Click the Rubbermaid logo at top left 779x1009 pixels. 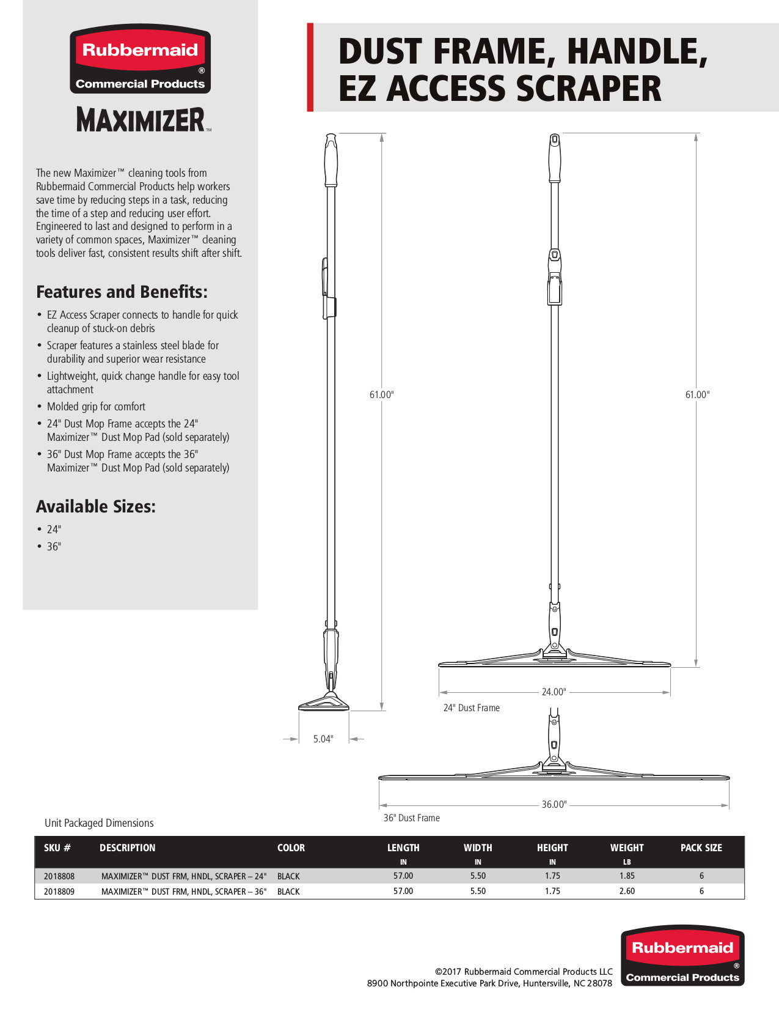140,60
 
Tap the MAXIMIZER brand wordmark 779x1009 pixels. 141,120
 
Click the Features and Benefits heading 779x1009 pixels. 122,292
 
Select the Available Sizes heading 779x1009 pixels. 96,507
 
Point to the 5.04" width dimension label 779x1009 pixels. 323,739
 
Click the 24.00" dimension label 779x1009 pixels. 554,692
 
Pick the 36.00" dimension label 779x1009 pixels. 554,804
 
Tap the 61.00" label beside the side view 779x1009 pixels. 381,394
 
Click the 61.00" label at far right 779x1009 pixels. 697,394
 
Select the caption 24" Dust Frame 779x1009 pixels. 471,708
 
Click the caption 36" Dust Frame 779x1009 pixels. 411,818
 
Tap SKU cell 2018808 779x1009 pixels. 59,876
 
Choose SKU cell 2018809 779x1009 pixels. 59,892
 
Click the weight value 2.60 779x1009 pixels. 627,891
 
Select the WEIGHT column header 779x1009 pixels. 627,848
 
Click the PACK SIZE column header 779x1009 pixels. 701,848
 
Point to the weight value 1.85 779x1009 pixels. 627,876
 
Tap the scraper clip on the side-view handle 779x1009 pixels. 329,287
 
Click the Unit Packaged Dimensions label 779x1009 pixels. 99,823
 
